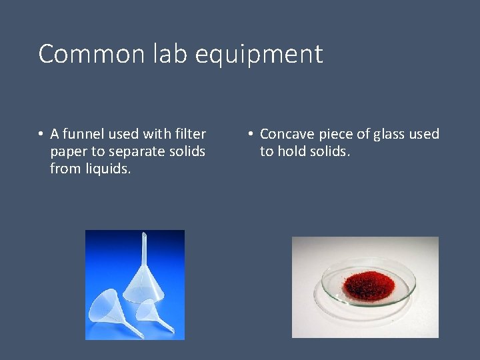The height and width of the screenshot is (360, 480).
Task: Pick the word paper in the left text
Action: (x=68, y=152)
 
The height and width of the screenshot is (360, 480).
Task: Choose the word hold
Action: (x=290, y=151)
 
